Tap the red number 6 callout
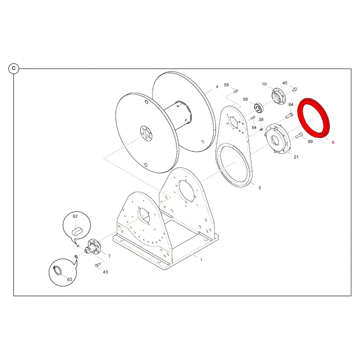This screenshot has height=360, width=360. [333, 142]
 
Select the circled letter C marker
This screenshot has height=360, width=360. [14, 68]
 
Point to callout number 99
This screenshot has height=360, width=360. [310, 141]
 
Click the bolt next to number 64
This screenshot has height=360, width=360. [289, 116]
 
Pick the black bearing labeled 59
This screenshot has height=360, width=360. [259, 108]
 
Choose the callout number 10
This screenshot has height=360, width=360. [264, 84]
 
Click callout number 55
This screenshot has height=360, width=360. [226, 85]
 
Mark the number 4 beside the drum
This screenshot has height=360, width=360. [217, 87]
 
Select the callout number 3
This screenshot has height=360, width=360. [259, 188]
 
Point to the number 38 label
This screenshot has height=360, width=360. [261, 120]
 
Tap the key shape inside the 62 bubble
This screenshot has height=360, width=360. [77, 231]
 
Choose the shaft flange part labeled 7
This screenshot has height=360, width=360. [93, 247]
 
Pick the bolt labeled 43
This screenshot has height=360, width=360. [98, 265]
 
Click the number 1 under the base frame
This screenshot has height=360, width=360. [201, 260]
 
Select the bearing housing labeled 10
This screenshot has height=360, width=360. [278, 96]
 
